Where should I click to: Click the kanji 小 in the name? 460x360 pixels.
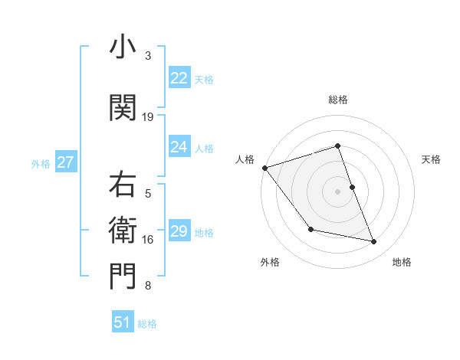pos(123,47)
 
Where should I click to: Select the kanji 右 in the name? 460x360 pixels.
pos(123,185)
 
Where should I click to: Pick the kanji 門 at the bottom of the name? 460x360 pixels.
pos(123,277)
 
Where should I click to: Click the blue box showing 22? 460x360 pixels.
pos(179,78)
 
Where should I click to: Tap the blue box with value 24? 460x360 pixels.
pos(179,147)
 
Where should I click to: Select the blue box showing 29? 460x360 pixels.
pos(179,231)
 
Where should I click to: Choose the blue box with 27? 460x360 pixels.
pos(65,162)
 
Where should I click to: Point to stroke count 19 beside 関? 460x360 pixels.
pos(148,117)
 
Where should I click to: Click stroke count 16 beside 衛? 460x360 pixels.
pos(148,240)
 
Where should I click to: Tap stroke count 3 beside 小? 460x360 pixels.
pos(148,56)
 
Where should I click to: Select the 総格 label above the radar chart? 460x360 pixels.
pos(337,100)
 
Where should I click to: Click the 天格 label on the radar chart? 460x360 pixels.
pos(432,159)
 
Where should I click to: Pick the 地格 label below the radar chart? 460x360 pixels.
pos(402,262)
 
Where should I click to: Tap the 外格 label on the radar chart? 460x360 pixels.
pos(270,262)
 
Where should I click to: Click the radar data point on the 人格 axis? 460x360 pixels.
pos(264,168)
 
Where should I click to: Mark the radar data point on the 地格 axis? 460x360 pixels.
pos(374,242)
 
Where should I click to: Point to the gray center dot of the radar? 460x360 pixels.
pos(337,191)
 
